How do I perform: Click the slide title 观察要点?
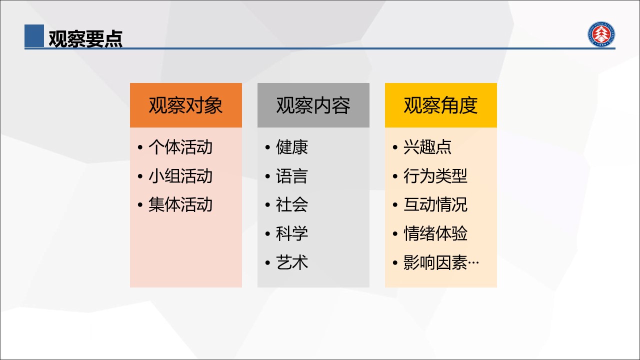click(85, 38)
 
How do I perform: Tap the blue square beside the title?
click(34, 35)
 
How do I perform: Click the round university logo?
click(601, 34)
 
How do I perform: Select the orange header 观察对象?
click(185, 105)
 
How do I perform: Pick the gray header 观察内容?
click(313, 105)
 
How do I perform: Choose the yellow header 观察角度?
click(440, 105)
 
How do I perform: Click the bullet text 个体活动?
click(180, 147)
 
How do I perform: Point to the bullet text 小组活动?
click(180, 176)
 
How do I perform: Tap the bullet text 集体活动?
click(180, 204)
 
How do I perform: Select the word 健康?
click(291, 147)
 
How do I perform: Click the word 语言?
click(291, 176)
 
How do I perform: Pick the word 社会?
click(291, 204)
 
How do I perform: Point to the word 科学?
click(291, 233)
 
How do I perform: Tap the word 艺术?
click(291, 262)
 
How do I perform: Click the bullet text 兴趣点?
click(427, 147)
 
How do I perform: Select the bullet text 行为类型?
click(435, 176)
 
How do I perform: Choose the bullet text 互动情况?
click(435, 204)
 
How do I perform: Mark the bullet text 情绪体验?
click(435, 233)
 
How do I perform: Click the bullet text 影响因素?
click(435, 262)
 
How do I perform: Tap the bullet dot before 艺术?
click(267, 262)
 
